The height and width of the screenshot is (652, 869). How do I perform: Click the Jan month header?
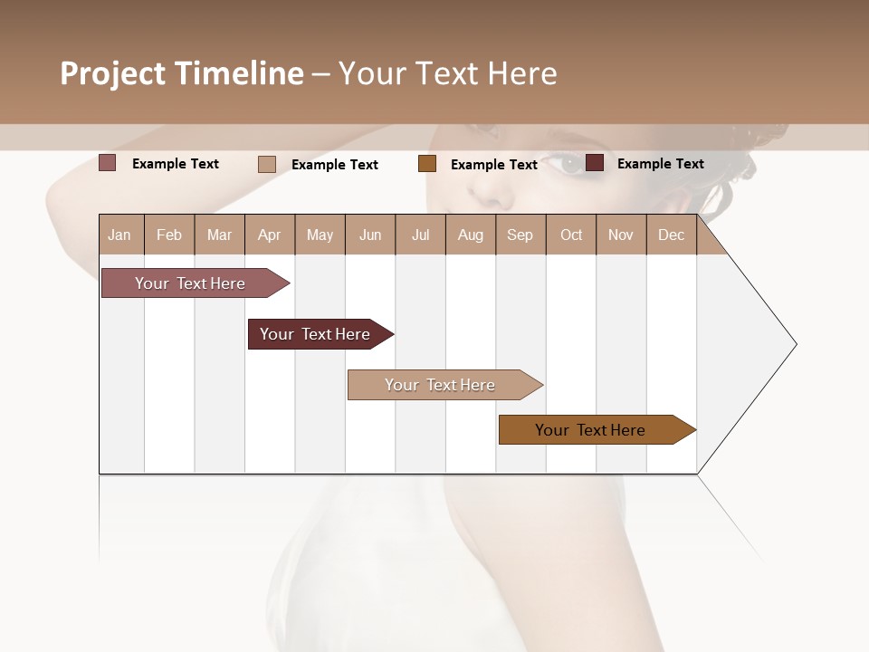click(119, 235)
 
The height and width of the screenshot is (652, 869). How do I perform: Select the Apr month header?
click(270, 235)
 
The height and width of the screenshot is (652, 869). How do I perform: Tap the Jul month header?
click(420, 235)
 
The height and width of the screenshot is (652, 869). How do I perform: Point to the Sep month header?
click(520, 235)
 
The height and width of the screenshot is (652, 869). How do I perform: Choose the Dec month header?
click(671, 235)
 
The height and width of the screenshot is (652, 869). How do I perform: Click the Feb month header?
click(169, 235)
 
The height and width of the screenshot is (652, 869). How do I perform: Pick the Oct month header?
click(571, 235)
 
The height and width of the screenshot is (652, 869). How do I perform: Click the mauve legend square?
click(108, 163)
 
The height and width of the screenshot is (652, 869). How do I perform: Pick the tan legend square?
click(267, 164)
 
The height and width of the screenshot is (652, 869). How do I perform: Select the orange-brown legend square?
click(427, 164)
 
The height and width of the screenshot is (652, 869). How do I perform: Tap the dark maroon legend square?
click(595, 163)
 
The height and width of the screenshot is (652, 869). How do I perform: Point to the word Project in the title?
click(113, 73)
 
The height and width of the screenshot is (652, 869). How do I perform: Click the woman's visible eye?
click(570, 165)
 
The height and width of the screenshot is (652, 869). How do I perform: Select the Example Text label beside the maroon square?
click(660, 164)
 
